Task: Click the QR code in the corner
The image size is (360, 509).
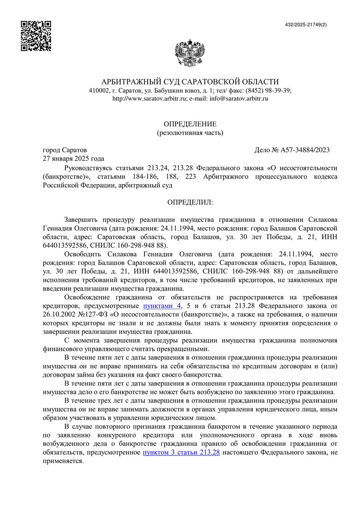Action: (x=36, y=36)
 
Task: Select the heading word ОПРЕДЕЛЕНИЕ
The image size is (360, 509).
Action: (x=189, y=124)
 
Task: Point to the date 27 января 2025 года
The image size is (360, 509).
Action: (x=73, y=158)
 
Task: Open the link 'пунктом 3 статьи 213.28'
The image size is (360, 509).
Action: (x=181, y=453)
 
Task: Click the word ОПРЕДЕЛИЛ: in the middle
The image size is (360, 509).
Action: (x=190, y=203)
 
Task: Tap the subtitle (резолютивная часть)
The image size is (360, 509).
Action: (x=189, y=133)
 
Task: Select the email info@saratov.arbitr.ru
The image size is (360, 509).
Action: (x=238, y=99)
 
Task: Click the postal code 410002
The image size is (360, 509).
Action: (x=99, y=90)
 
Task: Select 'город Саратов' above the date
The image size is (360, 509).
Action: (x=65, y=150)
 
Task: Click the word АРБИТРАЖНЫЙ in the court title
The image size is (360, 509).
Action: (x=130, y=81)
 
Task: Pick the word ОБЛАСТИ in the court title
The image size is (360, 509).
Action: (x=258, y=81)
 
